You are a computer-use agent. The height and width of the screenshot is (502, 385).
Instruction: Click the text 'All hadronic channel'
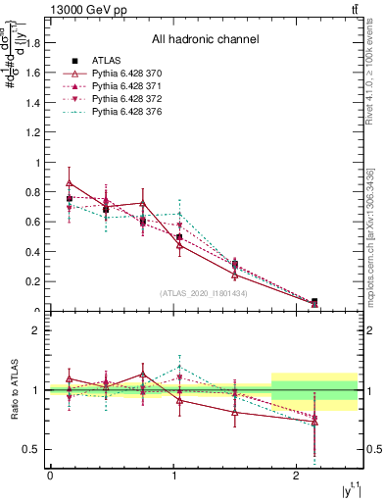(x=205, y=40)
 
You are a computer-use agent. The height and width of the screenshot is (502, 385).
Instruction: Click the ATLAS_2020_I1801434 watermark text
(x=205, y=293)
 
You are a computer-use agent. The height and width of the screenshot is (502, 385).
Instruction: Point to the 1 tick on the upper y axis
(x=39, y=163)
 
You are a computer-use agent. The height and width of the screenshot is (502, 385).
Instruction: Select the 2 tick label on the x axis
(x=297, y=476)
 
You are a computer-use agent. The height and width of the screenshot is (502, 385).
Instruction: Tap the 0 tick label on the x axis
(x=50, y=476)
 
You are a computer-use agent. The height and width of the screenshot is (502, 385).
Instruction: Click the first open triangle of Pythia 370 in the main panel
(x=69, y=182)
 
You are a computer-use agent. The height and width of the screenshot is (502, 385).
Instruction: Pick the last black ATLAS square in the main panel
(x=314, y=302)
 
